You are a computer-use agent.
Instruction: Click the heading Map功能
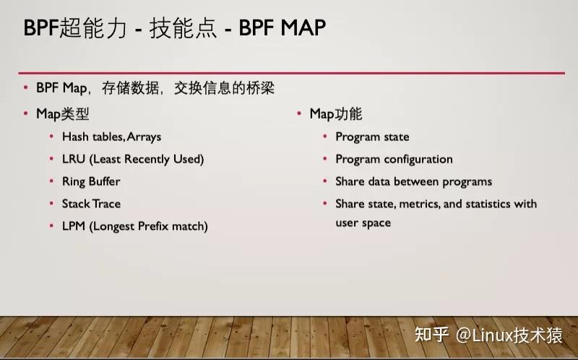point(336,113)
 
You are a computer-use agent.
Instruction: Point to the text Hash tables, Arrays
point(111,137)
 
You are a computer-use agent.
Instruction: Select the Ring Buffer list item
point(91,181)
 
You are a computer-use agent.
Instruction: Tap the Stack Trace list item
point(91,204)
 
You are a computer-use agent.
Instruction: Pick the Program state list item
point(372,137)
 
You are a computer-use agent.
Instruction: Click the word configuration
point(418,159)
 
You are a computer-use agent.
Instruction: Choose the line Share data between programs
point(413,181)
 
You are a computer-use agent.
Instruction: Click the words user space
point(363,223)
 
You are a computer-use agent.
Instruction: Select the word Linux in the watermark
point(491,335)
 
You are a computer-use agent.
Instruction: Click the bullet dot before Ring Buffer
point(51,181)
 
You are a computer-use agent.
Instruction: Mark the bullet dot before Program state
point(324,137)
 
